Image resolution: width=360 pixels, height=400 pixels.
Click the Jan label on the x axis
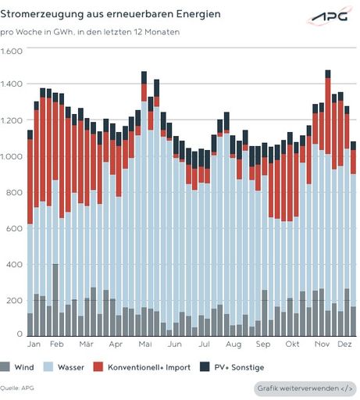[34, 344]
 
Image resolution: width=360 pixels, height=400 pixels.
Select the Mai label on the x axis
[144, 344]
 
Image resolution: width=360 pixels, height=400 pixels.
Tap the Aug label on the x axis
[233, 344]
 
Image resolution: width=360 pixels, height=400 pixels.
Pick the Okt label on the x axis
[292, 344]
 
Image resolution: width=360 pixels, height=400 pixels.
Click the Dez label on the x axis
[346, 344]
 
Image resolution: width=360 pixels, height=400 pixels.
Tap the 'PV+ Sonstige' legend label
[240, 366]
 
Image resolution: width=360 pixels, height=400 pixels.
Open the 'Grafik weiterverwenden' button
[305, 388]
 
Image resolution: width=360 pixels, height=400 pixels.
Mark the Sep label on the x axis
[262, 344]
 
